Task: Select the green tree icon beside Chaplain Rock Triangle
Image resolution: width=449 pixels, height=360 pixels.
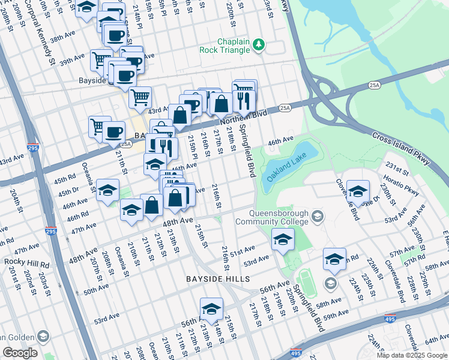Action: (x=259, y=44)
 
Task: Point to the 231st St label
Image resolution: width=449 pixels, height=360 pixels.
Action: (x=397, y=166)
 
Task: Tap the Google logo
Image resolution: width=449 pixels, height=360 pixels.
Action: (x=20, y=353)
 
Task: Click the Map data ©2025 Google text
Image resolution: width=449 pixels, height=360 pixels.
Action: (x=412, y=355)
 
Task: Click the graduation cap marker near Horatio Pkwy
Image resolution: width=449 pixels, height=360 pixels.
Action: (x=358, y=191)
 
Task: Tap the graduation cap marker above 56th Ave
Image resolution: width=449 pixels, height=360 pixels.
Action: (x=211, y=308)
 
